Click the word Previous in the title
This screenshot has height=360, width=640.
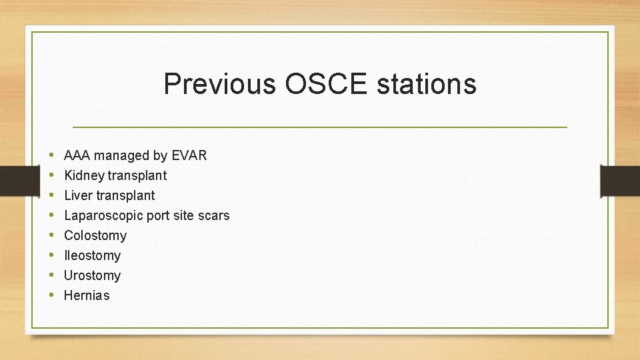(x=219, y=85)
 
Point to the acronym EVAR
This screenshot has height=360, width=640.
(x=189, y=155)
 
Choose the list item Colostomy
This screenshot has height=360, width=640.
(x=95, y=235)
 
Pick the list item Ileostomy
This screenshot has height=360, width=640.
(x=92, y=255)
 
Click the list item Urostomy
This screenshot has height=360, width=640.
(x=92, y=275)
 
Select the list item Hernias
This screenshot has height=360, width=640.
(x=87, y=295)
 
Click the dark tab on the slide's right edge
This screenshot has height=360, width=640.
(x=619, y=181)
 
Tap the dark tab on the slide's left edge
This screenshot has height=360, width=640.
(x=13, y=181)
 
